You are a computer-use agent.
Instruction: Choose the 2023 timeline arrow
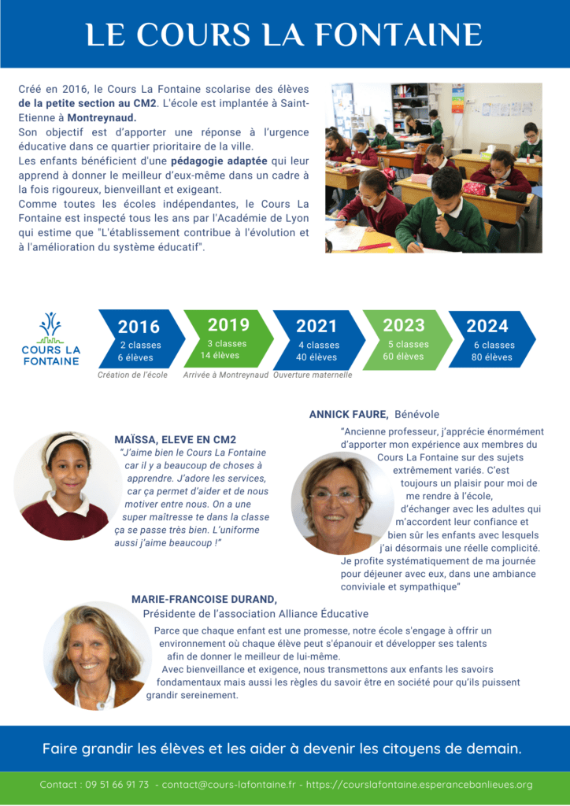click(405, 338)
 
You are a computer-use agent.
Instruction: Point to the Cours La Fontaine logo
click(50, 339)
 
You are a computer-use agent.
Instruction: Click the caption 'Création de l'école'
click(132, 375)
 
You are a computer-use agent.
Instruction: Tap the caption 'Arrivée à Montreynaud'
click(225, 375)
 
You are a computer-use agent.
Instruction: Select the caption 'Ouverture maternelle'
click(313, 375)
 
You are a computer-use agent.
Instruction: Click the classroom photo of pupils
click(433, 168)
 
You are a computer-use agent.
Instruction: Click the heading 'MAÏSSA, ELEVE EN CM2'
click(175, 439)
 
